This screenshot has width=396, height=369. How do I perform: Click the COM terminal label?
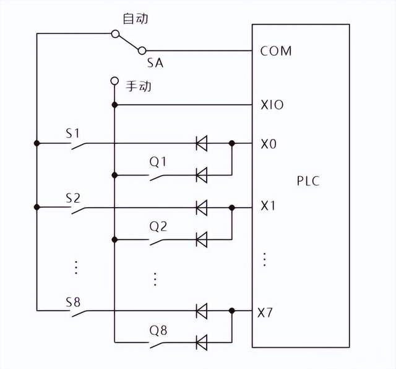(275, 51)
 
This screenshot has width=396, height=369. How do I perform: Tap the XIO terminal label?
(272, 105)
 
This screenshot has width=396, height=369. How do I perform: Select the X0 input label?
(269, 144)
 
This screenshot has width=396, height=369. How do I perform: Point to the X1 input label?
(268, 206)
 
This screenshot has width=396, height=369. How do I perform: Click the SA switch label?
(155, 63)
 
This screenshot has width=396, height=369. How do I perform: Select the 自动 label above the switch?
(136, 19)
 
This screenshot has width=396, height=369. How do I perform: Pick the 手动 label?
(139, 86)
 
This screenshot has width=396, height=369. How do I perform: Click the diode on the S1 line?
(201, 144)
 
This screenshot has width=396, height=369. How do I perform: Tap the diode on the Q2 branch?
(201, 238)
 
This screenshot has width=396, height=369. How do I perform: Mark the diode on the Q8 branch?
(201, 342)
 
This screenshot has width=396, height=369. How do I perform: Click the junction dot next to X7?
(231, 310)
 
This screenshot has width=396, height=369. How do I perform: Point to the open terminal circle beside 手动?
(114, 81)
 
